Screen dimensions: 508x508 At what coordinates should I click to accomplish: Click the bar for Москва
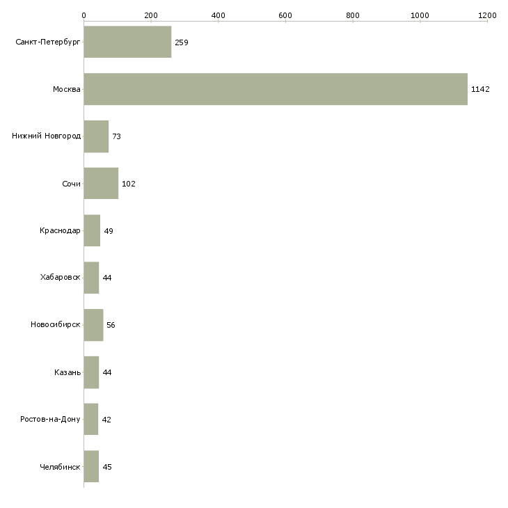pyautogui.click(x=276, y=89)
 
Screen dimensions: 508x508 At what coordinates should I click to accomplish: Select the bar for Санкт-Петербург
pyautogui.click(x=127, y=42)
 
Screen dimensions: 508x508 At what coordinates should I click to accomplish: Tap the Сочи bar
pyautogui.click(x=101, y=184)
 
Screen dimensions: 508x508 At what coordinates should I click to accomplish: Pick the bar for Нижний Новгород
pyautogui.click(x=96, y=136)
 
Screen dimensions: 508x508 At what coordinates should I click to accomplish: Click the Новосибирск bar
pyautogui.click(x=93, y=325)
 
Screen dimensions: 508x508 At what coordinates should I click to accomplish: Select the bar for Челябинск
pyautogui.click(x=91, y=467)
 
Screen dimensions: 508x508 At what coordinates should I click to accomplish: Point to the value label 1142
pyautogui.click(x=481, y=89)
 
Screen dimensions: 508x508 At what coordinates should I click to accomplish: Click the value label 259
pyautogui.click(x=182, y=42)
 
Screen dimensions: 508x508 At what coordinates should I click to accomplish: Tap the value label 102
pyautogui.click(x=128, y=184)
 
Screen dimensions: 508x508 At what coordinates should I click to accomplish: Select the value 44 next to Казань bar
pyautogui.click(x=107, y=372)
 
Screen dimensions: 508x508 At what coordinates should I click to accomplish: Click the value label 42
pyautogui.click(x=106, y=420)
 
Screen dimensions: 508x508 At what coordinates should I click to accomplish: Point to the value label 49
pyautogui.click(x=109, y=231)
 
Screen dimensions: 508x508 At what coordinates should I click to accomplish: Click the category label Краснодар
pyautogui.click(x=60, y=231)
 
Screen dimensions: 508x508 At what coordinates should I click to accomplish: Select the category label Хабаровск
pyautogui.click(x=60, y=278)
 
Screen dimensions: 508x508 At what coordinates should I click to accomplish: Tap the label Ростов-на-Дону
pyautogui.click(x=50, y=420)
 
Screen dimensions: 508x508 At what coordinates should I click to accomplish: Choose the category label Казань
pyautogui.click(x=67, y=372)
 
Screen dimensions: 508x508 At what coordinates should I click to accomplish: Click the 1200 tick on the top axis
pyautogui.click(x=487, y=15)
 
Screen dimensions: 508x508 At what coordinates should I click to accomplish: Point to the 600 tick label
pyautogui.click(x=285, y=15)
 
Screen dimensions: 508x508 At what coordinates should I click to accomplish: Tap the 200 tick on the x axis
pyautogui.click(x=151, y=15)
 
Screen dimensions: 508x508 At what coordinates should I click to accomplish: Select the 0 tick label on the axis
pyautogui.click(x=84, y=15)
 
